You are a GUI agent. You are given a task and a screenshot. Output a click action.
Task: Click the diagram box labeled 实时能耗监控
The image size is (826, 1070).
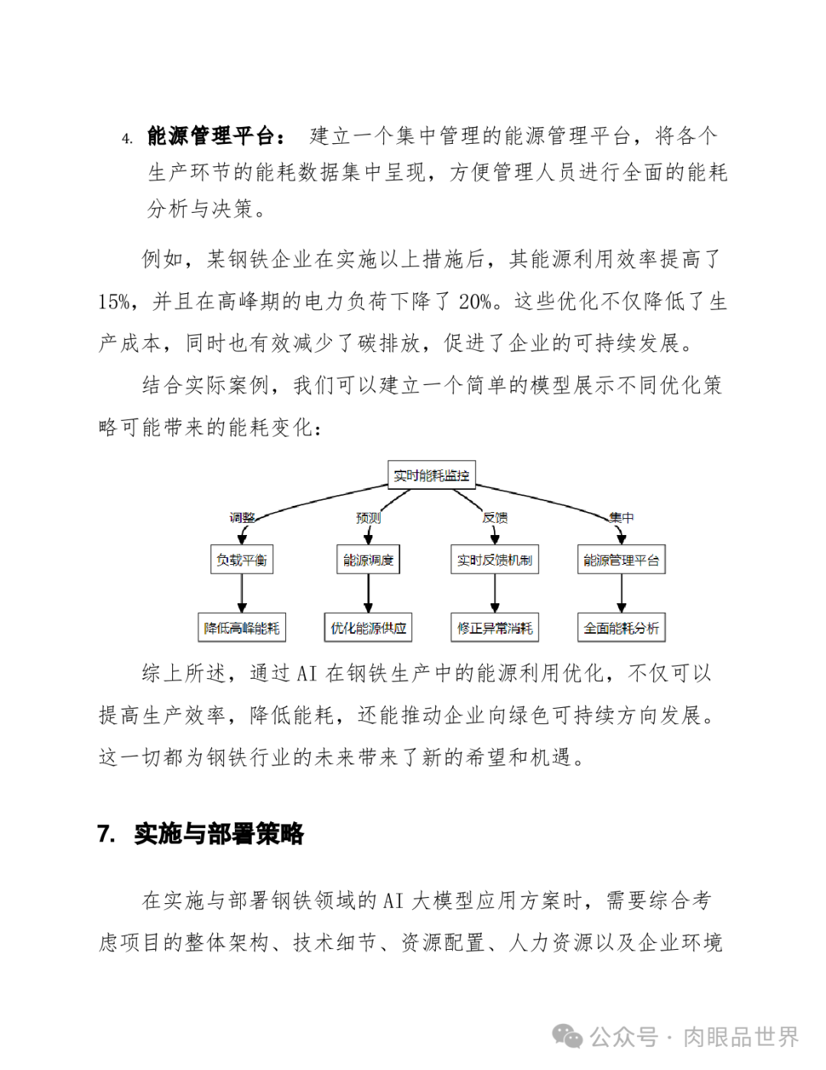click(x=431, y=475)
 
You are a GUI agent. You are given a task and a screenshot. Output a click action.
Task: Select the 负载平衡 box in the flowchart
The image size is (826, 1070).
click(x=242, y=559)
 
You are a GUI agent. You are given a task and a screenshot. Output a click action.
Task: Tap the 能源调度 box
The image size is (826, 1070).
click(x=369, y=559)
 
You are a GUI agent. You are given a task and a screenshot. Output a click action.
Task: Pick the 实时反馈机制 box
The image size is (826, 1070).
click(x=495, y=559)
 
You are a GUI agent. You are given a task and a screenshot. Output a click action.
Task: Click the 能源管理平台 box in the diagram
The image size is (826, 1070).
click(x=621, y=559)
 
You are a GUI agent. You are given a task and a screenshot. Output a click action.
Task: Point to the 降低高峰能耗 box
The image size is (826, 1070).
click(x=242, y=628)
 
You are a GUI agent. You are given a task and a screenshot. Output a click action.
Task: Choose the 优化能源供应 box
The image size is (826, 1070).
click(x=369, y=628)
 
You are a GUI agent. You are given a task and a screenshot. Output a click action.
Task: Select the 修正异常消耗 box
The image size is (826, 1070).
click(x=495, y=628)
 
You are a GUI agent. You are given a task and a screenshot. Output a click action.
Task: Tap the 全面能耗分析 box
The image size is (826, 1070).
click(x=621, y=628)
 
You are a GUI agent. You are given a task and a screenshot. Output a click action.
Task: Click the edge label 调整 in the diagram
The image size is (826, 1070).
click(x=242, y=517)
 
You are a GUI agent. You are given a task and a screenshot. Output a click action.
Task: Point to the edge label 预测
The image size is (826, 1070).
click(x=369, y=517)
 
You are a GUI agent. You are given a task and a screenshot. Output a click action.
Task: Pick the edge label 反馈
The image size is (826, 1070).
click(x=495, y=517)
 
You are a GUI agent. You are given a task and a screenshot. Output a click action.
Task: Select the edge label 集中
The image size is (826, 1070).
click(x=621, y=517)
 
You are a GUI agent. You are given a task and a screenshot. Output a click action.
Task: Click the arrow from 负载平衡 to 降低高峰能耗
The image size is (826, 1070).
click(x=242, y=593)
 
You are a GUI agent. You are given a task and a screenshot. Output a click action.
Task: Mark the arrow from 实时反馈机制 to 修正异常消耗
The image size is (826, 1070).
click(x=495, y=593)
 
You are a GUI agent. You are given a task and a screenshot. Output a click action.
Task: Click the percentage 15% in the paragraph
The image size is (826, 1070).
click(x=114, y=302)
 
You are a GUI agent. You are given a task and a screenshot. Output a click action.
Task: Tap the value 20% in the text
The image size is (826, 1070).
click(x=475, y=302)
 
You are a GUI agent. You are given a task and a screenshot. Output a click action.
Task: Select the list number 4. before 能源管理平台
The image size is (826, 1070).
click(x=127, y=139)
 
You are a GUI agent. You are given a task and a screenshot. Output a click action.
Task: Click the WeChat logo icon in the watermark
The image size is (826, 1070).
click(x=567, y=1036)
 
